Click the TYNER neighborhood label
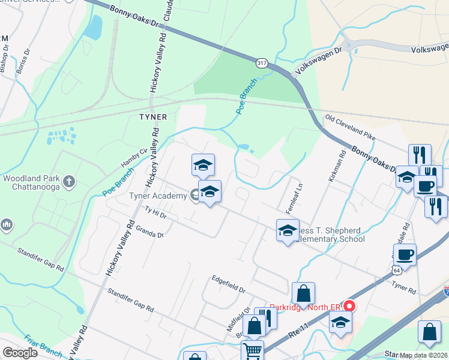(x=152, y=116)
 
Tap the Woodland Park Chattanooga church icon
(x=70, y=179)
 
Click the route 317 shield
(x=261, y=62)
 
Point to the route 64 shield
(x=396, y=271)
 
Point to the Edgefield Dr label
(x=228, y=284)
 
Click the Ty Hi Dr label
(x=155, y=212)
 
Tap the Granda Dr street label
(x=149, y=232)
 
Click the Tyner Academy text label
(x=158, y=196)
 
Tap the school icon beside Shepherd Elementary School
(x=288, y=230)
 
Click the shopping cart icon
(x=252, y=351)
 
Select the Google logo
(x=20, y=352)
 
